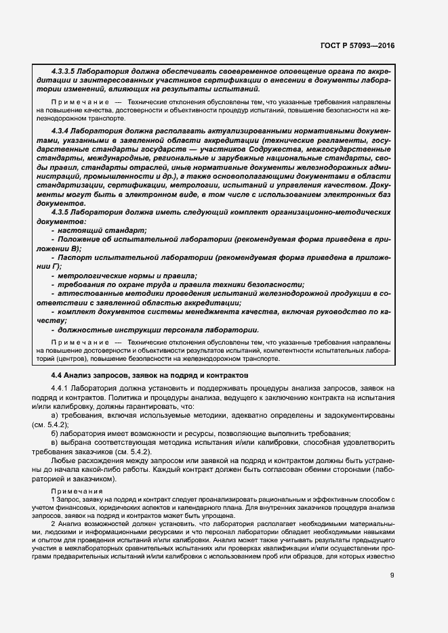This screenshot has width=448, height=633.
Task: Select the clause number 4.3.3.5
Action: (66, 71)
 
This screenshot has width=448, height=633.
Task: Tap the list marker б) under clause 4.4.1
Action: (55, 433)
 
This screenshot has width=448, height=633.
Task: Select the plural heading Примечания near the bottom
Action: (77, 491)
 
